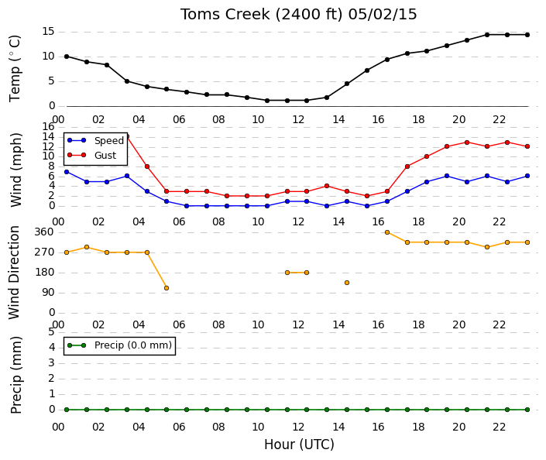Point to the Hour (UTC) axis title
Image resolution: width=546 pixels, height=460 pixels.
(299, 445)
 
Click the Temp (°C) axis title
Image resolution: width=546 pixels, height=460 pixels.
(15, 69)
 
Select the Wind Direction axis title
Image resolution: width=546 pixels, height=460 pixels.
(14, 273)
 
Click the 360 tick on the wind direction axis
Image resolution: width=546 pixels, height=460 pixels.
(45, 232)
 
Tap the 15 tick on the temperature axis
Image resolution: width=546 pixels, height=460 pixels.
(48, 32)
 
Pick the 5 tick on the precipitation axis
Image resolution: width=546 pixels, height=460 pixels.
(52, 331)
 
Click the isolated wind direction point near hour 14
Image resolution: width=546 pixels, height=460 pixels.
(347, 283)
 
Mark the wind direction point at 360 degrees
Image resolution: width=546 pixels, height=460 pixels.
(387, 232)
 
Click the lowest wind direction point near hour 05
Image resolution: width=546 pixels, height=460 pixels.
(167, 288)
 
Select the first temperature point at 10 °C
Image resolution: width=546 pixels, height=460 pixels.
(67, 57)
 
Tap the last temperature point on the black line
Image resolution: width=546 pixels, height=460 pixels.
(527, 35)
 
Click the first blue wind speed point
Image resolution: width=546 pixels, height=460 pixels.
(67, 172)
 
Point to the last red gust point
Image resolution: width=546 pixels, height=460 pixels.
(527, 146)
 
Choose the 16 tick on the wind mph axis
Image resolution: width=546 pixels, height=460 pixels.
(48, 126)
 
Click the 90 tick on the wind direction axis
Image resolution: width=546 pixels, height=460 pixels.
(48, 293)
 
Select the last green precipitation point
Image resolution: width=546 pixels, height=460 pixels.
(527, 410)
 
